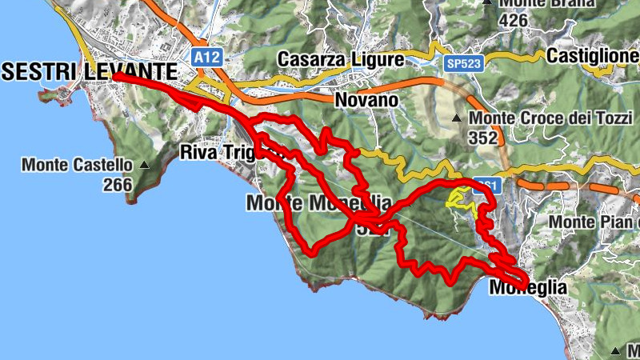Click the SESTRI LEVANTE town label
(89, 70)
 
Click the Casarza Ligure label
(341, 59)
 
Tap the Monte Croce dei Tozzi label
(551, 118)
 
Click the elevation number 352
(484, 138)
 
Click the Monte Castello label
(76, 166)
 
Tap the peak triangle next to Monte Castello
(144, 166)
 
